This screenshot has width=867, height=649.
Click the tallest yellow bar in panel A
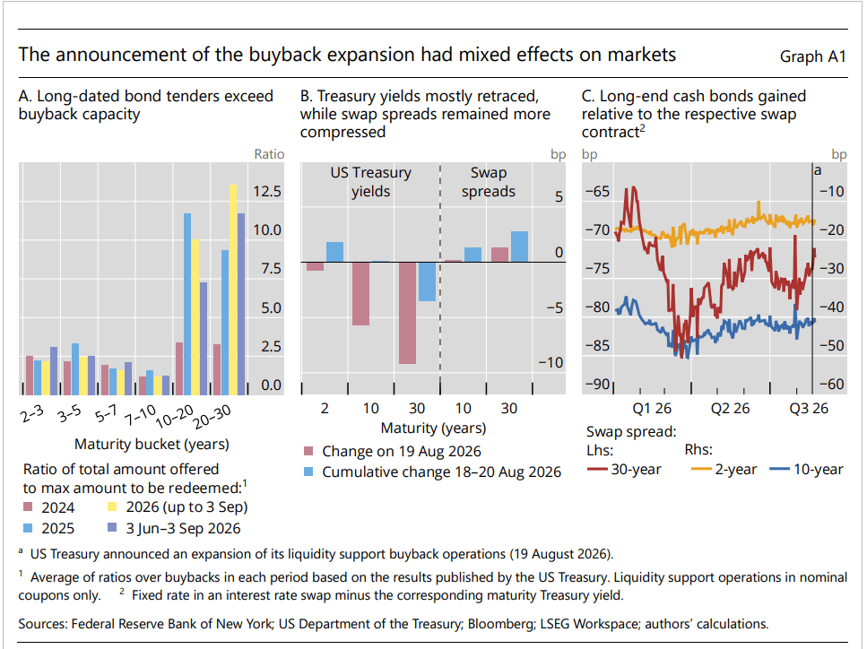point(233,290)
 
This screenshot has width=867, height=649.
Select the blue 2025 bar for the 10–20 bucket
point(187,304)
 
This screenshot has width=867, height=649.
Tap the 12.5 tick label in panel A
point(267,191)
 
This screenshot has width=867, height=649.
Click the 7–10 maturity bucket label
point(139,415)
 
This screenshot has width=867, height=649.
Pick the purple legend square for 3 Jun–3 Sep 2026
point(112,527)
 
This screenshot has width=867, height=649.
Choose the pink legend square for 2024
point(28,506)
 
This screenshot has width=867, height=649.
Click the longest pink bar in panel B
point(408,313)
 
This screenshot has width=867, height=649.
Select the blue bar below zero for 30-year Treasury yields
point(427,281)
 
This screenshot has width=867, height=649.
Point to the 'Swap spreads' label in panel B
point(489,182)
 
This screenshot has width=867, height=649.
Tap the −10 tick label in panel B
point(551,363)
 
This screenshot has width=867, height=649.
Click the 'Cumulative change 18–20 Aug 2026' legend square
point(308,472)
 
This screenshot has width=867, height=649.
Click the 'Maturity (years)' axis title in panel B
point(434,428)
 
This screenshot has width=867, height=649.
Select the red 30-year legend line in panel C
point(597,470)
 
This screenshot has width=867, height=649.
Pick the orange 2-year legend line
point(701,470)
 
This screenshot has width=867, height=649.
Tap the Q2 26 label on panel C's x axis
point(730,409)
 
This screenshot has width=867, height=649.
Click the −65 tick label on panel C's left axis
point(597,191)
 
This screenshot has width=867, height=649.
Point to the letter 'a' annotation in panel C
point(818,170)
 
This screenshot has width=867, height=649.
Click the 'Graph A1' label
point(813,56)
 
